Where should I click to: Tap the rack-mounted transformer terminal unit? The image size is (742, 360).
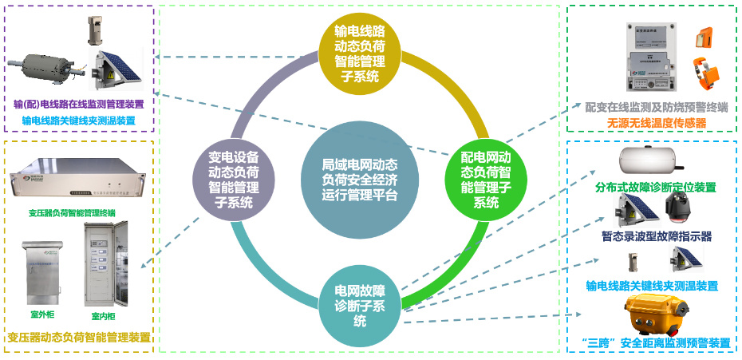click(77, 180)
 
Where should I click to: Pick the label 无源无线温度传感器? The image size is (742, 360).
click(657, 123)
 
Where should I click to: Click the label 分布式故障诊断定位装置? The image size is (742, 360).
click(655, 188)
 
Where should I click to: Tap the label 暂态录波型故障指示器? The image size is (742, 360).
click(656, 236)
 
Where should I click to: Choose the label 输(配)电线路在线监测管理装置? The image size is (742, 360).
click(79, 104)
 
